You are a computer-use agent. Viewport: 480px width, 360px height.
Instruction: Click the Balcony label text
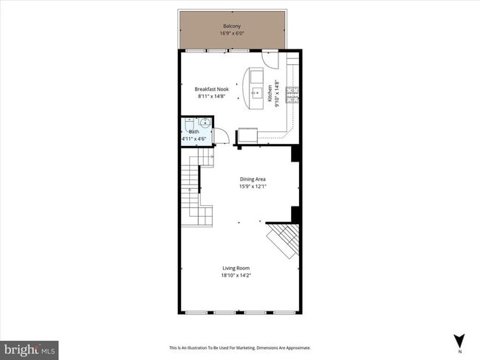point(231,27)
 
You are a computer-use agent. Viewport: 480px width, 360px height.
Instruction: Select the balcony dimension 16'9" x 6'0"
point(231,34)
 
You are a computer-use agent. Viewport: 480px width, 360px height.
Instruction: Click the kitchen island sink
point(255,94)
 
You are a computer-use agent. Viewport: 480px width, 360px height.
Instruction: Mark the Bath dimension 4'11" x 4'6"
point(195,138)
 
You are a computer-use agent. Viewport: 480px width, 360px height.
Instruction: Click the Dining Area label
point(253,179)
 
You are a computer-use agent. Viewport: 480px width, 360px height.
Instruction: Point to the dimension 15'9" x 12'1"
point(253,186)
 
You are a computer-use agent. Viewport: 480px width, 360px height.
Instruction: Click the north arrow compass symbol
point(459,342)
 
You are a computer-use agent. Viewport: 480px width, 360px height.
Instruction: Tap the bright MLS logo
point(30,347)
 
